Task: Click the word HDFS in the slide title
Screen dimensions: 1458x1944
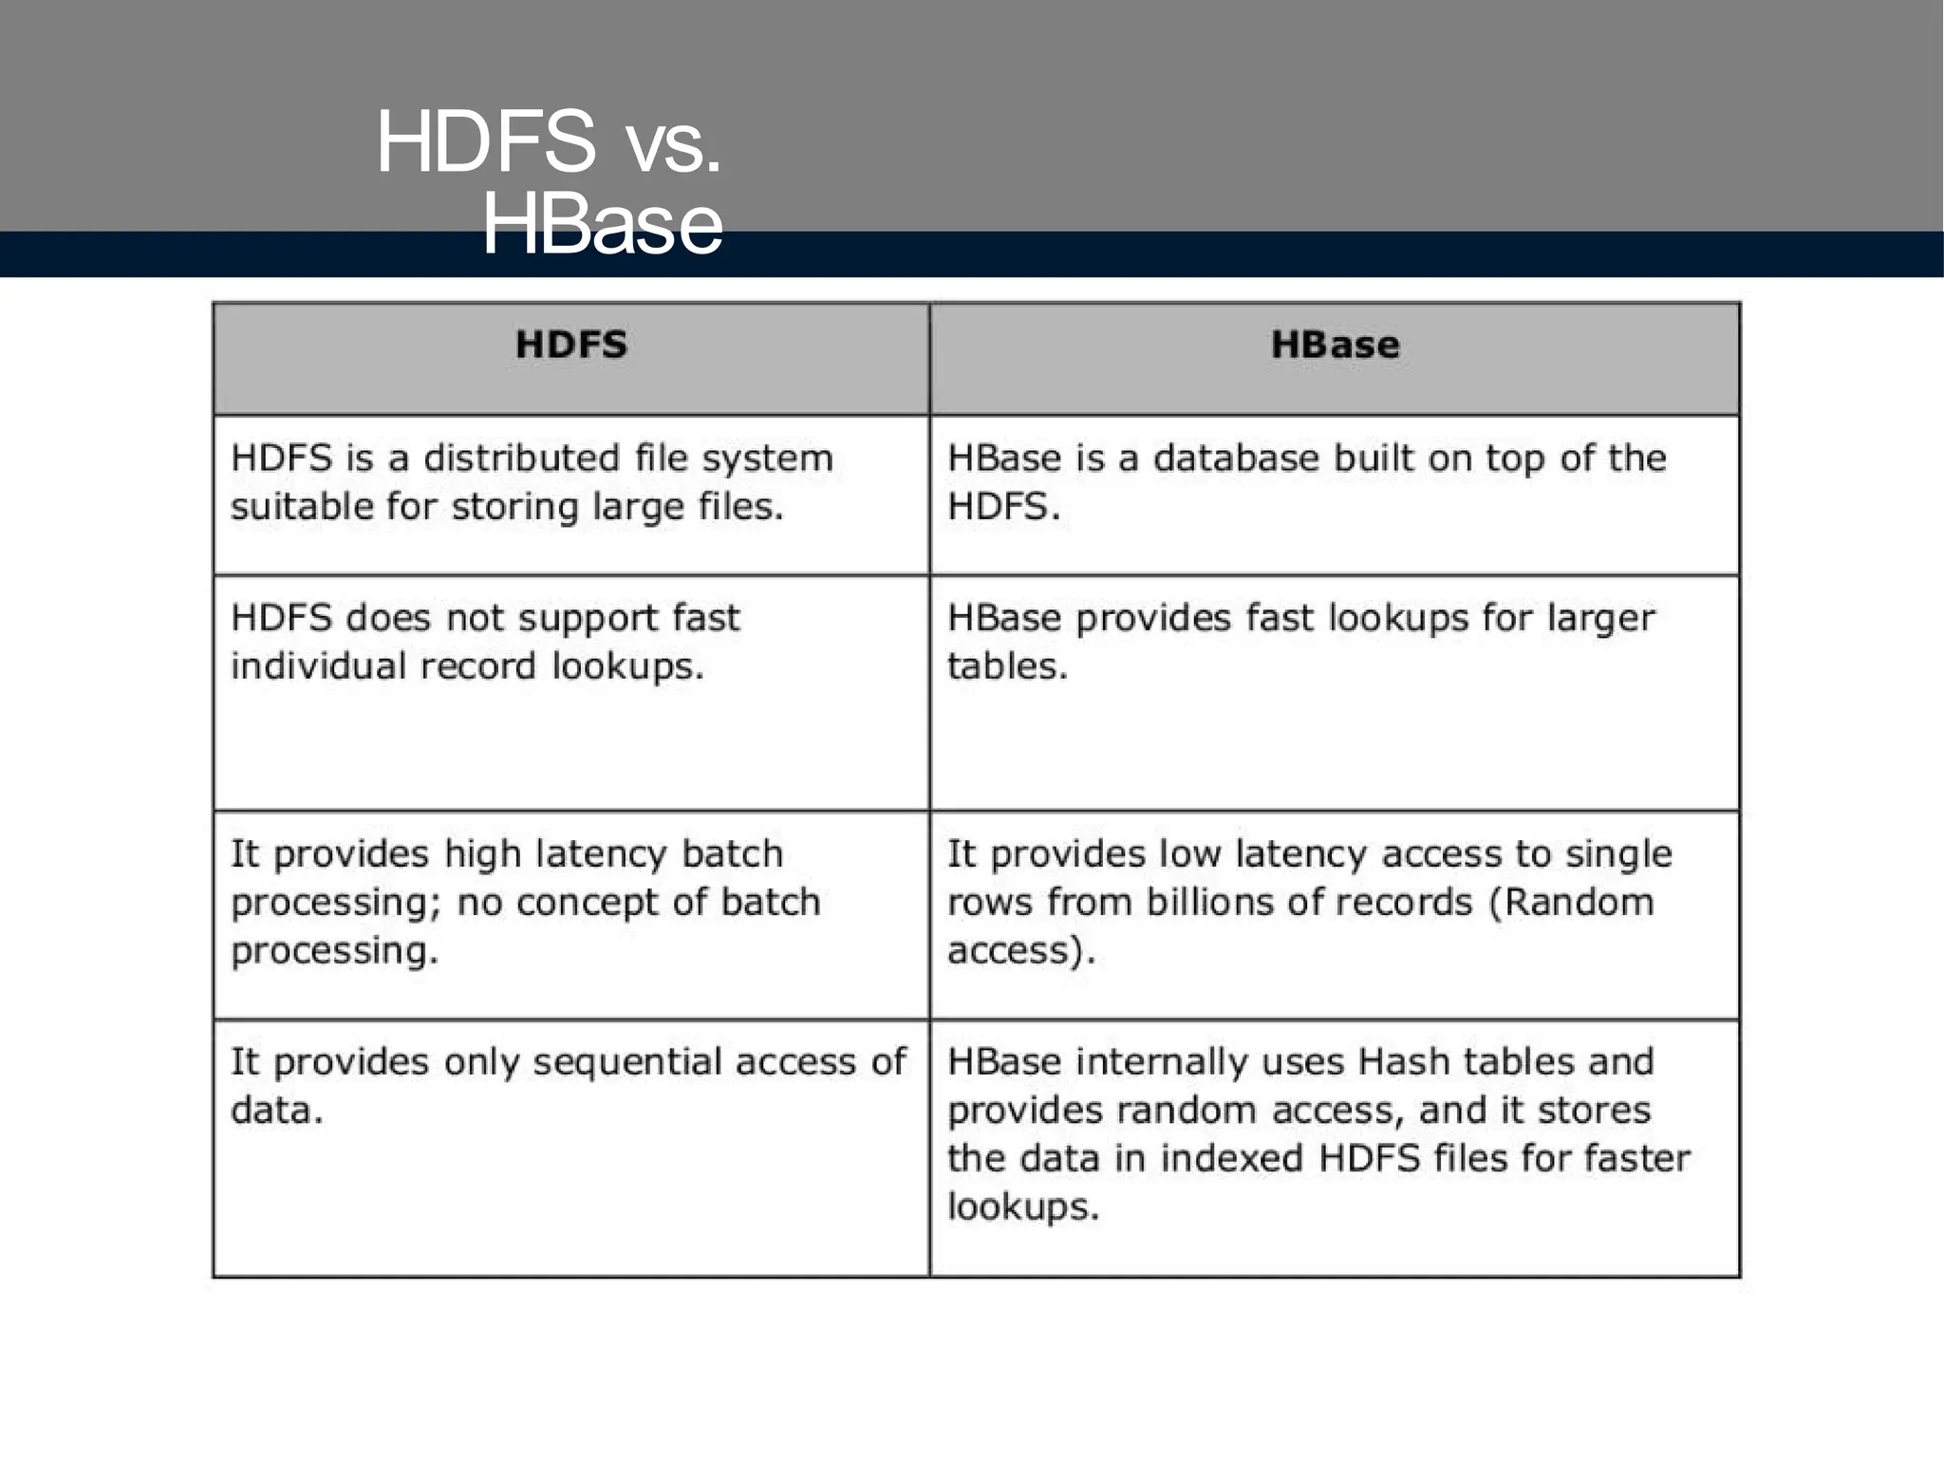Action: pyautogui.click(x=486, y=142)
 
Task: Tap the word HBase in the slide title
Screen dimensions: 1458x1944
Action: pyautogui.click(x=603, y=226)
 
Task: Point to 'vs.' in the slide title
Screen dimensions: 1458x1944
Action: pyautogui.click(x=673, y=148)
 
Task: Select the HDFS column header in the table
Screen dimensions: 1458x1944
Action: pyautogui.click(x=571, y=345)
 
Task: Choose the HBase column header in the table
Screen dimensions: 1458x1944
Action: pyautogui.click(x=1335, y=345)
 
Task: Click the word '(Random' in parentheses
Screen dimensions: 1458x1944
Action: pyautogui.click(x=1572, y=902)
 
